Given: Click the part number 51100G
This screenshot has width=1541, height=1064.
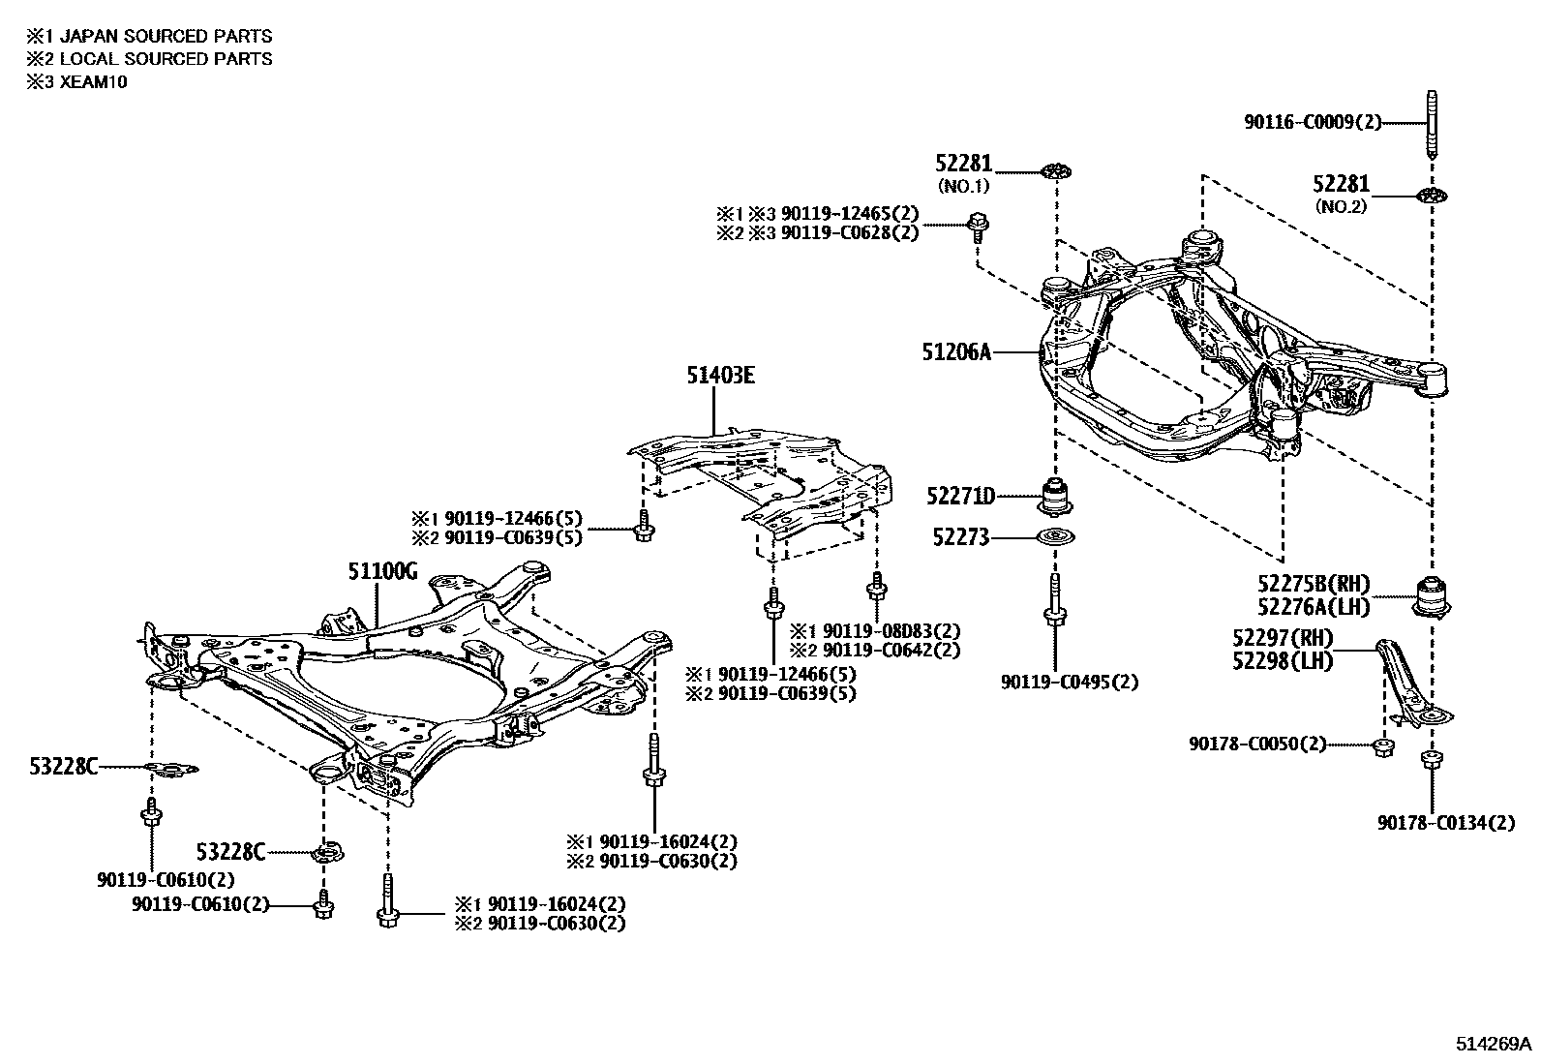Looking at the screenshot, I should click(382, 572).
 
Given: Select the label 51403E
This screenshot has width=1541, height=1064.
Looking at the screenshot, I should click(721, 375).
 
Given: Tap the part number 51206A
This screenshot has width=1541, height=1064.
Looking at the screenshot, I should click(956, 352).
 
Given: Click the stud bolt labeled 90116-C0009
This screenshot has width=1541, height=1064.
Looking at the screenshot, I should click(1431, 125).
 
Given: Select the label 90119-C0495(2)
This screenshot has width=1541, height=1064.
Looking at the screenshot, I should click(1069, 682).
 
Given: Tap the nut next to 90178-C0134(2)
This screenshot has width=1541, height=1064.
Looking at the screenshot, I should click(1430, 760).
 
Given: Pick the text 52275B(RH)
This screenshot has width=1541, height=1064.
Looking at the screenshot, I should click(1314, 584).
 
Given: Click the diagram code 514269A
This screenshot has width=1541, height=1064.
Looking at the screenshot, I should click(1493, 1044).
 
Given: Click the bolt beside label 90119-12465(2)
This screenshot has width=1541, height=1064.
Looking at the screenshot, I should click(978, 226).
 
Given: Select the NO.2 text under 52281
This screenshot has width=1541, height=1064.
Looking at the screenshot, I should click(1341, 206).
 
